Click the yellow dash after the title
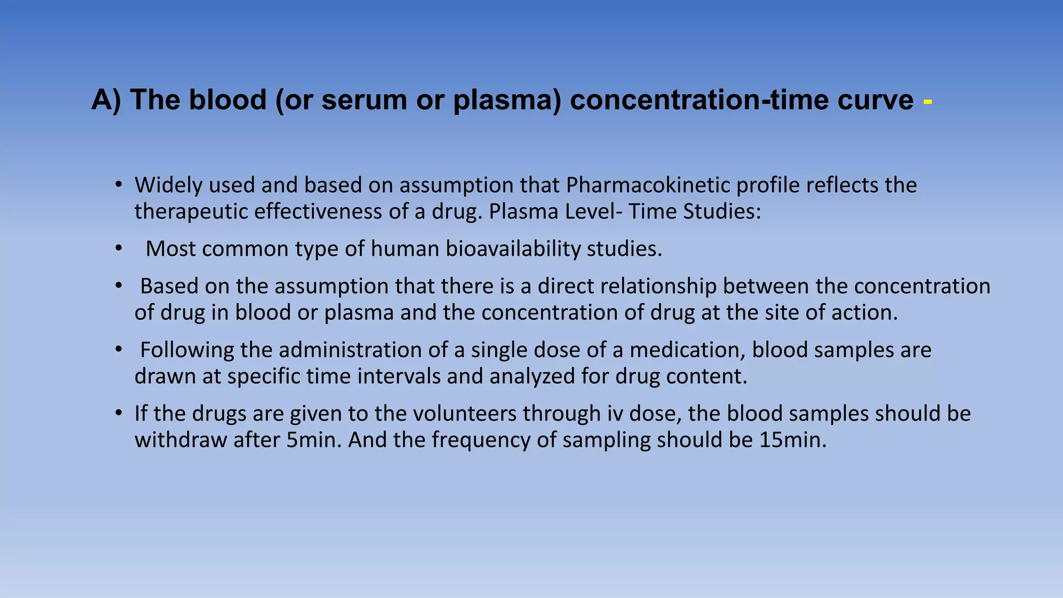coord(928,103)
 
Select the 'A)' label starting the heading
coord(106,100)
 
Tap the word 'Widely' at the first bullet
coord(168,185)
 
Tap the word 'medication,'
coord(687,350)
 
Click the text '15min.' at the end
coord(792,440)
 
